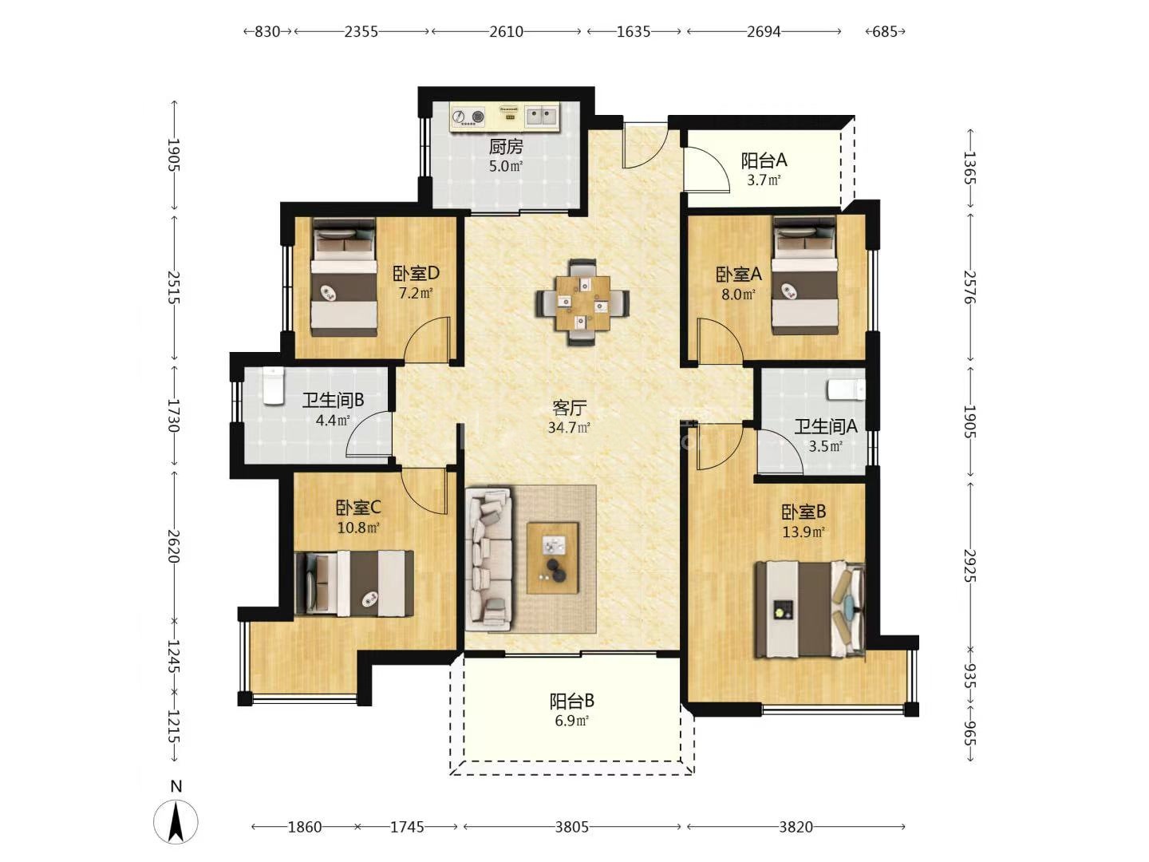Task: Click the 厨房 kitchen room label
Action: pos(506,147)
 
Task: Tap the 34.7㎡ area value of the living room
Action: pos(569,428)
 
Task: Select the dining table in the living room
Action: pos(583,302)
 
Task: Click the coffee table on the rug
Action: pos(553,557)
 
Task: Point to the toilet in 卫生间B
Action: pos(273,386)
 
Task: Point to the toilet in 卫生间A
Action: pos(846,390)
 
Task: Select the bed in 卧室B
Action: pos(809,609)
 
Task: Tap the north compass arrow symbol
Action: pos(176,821)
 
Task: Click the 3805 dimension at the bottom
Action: pos(572,827)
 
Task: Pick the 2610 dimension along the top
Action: pos(506,32)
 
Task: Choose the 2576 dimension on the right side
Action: pos(969,287)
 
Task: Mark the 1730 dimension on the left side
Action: pos(174,416)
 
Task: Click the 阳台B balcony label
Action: pos(571,700)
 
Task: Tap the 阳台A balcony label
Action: pos(764,160)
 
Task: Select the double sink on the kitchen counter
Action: pos(542,116)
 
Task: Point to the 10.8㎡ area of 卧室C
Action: pos(358,527)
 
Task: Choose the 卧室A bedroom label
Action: pos(739,275)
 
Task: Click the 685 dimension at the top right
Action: pos(885,32)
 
